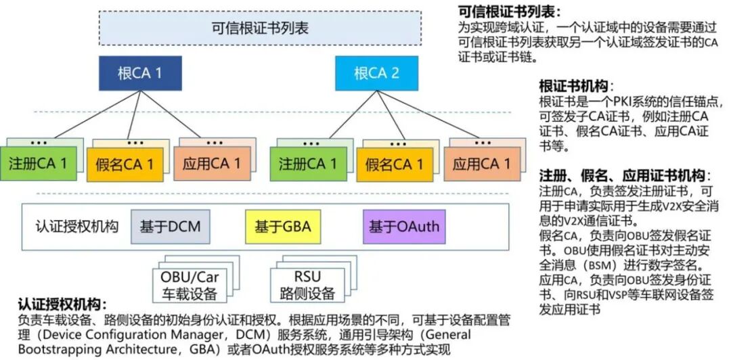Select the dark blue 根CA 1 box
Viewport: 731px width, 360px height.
[x=139, y=72]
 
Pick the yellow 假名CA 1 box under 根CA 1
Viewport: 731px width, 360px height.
[x=125, y=164]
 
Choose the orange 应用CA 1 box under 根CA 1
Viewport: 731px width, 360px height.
[x=211, y=164]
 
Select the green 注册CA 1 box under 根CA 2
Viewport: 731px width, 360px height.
[x=308, y=164]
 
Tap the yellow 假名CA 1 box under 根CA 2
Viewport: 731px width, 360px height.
[x=394, y=164]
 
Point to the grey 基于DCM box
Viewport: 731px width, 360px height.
[x=170, y=226]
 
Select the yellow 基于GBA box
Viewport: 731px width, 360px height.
[x=282, y=226]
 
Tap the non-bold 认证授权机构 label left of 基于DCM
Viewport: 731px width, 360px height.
[x=76, y=226]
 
